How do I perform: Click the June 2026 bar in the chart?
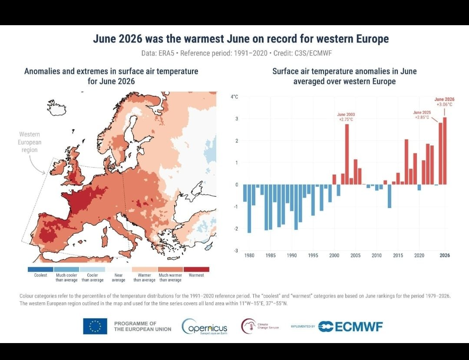point(445,151)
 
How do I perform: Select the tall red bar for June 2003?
point(347,154)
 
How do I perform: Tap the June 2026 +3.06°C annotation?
point(445,102)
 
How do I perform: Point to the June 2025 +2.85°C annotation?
point(422,115)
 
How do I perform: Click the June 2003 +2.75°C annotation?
point(346,117)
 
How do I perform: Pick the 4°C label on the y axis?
point(234,97)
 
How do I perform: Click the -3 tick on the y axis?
point(236,251)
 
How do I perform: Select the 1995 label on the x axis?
point(313,255)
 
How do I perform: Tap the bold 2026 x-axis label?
point(445,255)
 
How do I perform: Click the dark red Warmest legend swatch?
point(196,269)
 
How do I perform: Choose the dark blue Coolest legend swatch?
point(40,269)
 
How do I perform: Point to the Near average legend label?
point(119,277)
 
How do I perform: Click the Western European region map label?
point(30,142)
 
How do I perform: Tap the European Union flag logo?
point(95,326)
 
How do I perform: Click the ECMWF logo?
point(350,327)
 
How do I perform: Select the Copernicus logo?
point(204,327)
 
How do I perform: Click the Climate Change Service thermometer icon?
point(247,326)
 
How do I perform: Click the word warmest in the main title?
point(203,39)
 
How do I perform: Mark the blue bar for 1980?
point(249,209)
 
